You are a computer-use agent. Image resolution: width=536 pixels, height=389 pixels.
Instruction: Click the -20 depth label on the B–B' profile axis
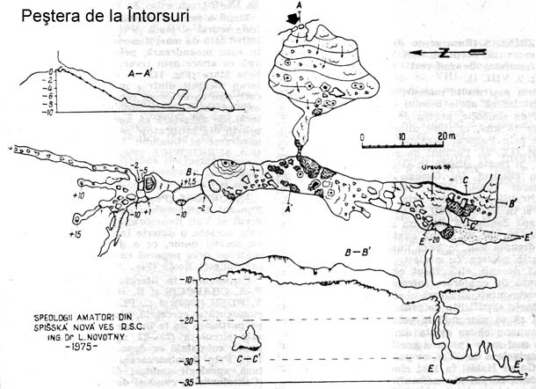tap(189, 320)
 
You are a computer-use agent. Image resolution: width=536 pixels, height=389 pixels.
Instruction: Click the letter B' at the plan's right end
tap(499, 206)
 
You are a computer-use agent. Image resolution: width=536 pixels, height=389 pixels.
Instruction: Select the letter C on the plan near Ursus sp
tap(465, 180)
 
